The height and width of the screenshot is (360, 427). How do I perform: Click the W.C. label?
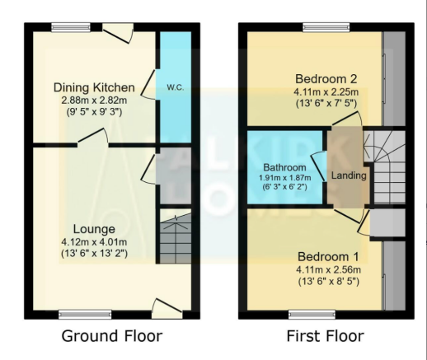(x=175, y=87)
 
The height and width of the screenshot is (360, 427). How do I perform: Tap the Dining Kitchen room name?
(x=94, y=87)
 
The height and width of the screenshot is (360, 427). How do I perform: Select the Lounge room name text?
(x=94, y=229)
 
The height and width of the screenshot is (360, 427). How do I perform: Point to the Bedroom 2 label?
(x=326, y=79)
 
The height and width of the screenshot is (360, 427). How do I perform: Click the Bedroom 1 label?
(x=328, y=257)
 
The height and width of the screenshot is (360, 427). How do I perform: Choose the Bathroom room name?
(x=284, y=167)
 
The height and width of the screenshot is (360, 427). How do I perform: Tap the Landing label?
(x=349, y=175)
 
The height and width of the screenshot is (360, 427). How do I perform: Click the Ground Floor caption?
(x=112, y=336)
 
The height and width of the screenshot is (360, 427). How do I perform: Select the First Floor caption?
(x=326, y=336)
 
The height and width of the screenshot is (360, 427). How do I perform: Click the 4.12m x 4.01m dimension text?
(x=94, y=242)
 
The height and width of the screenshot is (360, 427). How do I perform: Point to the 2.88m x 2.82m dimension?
(x=94, y=101)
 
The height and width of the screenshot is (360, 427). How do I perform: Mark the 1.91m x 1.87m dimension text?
(x=285, y=178)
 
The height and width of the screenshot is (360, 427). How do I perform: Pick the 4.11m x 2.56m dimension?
(x=328, y=269)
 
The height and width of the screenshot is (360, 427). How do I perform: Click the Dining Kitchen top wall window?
(x=71, y=27)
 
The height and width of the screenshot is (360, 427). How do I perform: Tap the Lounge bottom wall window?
(x=85, y=315)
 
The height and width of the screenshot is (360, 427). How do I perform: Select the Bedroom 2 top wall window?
(x=326, y=27)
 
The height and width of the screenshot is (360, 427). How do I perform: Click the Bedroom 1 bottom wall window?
(x=312, y=315)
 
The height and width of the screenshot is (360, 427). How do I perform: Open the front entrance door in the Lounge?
(x=167, y=308)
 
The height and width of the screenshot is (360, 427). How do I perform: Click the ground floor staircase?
(x=176, y=236)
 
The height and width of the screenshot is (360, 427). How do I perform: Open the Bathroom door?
(x=319, y=166)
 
